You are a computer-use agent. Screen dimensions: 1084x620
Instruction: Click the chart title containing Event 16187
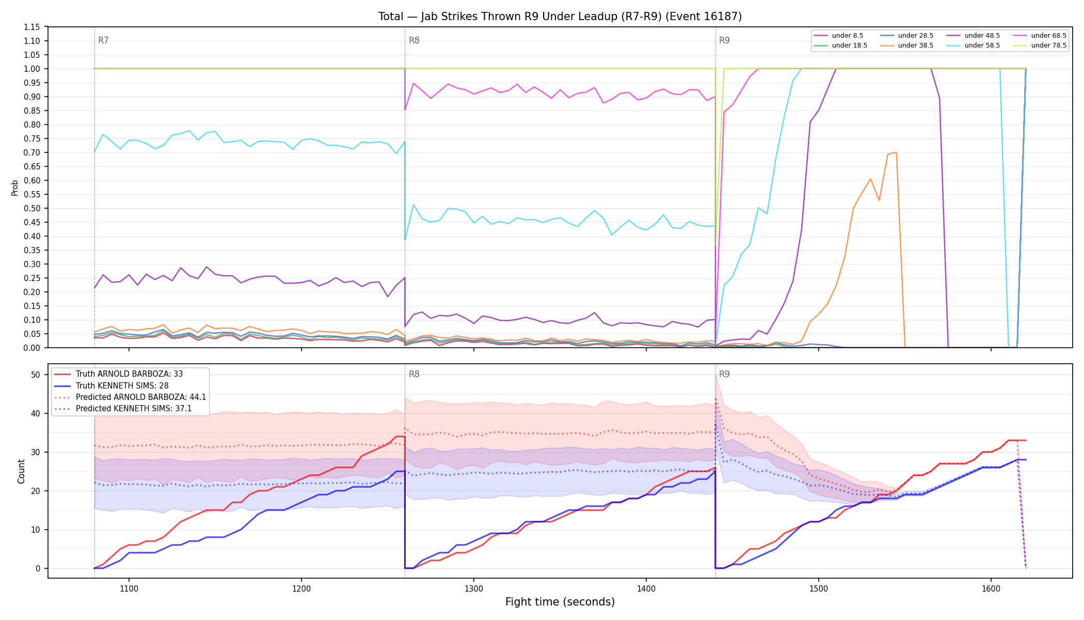[x=560, y=17]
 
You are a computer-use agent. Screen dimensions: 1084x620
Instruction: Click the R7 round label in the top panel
[x=103, y=40]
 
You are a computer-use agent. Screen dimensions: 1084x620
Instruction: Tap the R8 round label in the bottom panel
[x=414, y=374]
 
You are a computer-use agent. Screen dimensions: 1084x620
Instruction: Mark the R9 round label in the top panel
[x=724, y=40]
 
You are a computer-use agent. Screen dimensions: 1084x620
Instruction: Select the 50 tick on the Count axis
[x=36, y=375]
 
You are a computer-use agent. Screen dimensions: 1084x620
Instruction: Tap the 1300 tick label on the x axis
[x=474, y=588]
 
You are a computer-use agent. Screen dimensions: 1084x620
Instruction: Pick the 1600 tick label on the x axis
[x=991, y=588]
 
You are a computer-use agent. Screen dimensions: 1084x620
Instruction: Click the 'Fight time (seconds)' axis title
[x=560, y=602]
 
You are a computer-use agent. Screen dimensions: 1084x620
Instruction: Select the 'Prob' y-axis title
[x=15, y=188]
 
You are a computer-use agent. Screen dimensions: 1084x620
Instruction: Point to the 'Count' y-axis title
[x=21, y=471]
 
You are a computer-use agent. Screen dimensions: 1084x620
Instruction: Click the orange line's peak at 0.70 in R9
[x=896, y=152]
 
